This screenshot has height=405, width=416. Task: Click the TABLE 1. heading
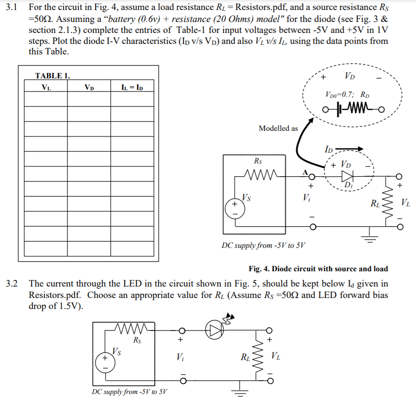tap(53, 75)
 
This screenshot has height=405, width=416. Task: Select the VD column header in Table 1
tap(88, 87)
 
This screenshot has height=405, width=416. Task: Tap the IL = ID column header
tap(132, 87)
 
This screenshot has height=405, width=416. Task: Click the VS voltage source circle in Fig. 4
tap(235, 208)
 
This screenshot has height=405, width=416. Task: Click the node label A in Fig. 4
tap(302, 171)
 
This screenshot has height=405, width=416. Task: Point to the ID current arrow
tap(351, 149)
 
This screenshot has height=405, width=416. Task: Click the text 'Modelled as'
tap(278, 128)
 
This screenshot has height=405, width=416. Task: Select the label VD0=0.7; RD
tap(347, 94)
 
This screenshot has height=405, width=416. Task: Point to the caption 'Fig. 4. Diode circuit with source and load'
tap(318, 269)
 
